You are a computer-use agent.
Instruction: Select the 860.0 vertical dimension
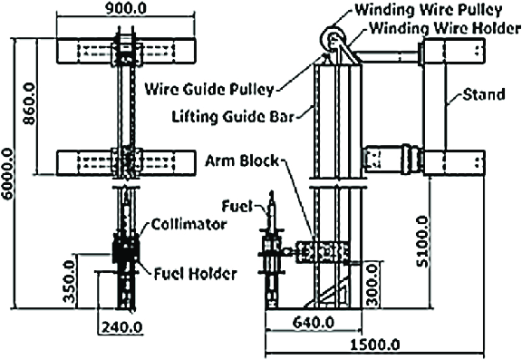pos(30,106)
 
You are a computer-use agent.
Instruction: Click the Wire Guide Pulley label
pos(209,88)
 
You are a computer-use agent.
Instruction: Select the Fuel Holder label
pos(195,272)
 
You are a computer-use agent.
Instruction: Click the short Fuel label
pos(237,206)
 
